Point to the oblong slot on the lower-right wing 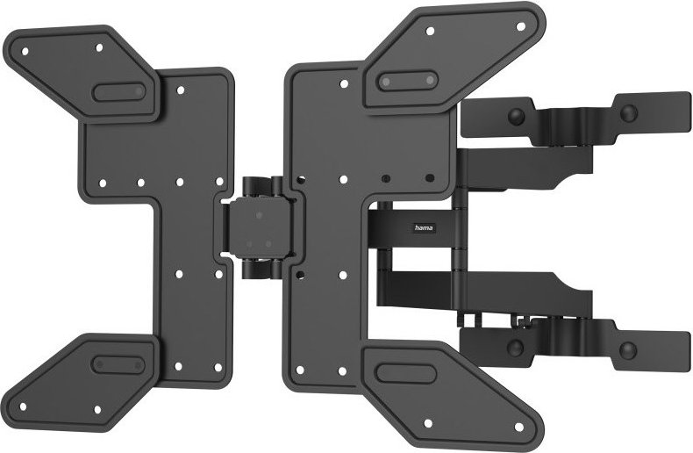pos(406,372)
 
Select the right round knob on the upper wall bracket pos(627,111)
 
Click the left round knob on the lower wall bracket pos(516,349)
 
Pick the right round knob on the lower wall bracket pos(627,350)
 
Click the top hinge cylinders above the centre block pos(261,185)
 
